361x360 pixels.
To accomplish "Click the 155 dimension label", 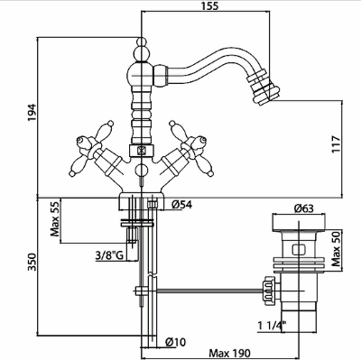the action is [x=208, y=6].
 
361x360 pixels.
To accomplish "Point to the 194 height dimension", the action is [x=32, y=113].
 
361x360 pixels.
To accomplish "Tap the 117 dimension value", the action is [x=336, y=144].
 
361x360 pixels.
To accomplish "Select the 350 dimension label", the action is [x=32, y=262].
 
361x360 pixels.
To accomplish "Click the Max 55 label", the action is [x=55, y=218].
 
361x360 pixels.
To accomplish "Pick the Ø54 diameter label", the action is [x=181, y=205].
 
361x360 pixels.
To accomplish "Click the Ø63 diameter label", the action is [x=303, y=208].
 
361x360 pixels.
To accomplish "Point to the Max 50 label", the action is [x=336, y=248].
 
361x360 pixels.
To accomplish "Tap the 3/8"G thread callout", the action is [x=109, y=255].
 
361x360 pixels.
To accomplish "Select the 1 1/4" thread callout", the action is [x=273, y=326].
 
